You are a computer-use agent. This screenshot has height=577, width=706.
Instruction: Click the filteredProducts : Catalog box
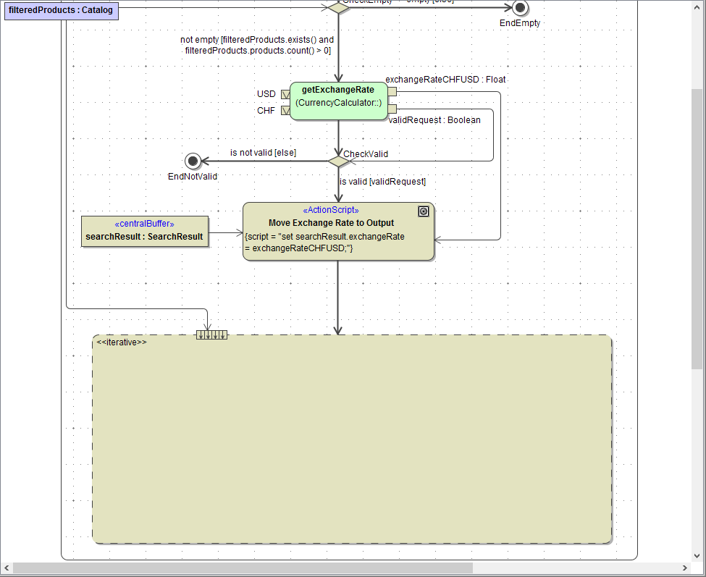(x=61, y=10)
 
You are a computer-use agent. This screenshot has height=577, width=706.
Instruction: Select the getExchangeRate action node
(x=338, y=101)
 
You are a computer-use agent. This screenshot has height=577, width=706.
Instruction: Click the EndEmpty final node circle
(x=519, y=8)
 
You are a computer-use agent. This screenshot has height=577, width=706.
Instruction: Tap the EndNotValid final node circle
(x=192, y=161)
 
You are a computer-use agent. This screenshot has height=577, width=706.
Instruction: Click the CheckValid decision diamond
(x=338, y=161)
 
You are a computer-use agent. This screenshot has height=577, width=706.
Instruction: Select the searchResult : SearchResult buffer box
(x=144, y=231)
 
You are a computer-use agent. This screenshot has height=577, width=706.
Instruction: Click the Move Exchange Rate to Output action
(x=338, y=230)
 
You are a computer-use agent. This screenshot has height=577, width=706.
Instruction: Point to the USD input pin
(x=285, y=94)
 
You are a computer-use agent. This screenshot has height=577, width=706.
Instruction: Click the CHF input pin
(x=285, y=111)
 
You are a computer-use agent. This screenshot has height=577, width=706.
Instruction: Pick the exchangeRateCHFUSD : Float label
(x=445, y=80)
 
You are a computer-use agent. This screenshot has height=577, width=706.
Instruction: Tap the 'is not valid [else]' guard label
(x=263, y=153)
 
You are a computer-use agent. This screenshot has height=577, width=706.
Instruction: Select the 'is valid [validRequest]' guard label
(x=382, y=182)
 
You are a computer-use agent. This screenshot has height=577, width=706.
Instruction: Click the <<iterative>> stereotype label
(x=122, y=342)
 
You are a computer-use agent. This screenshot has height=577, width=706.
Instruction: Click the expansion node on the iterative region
(x=211, y=334)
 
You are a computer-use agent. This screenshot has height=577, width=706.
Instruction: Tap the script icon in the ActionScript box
(x=424, y=211)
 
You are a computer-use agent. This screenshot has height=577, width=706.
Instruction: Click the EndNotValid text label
(x=192, y=176)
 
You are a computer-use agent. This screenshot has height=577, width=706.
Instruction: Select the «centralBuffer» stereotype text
(x=144, y=223)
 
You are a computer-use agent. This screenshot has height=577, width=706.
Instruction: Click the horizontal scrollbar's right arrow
(x=685, y=568)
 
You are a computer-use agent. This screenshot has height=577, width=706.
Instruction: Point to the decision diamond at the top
(x=338, y=7)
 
